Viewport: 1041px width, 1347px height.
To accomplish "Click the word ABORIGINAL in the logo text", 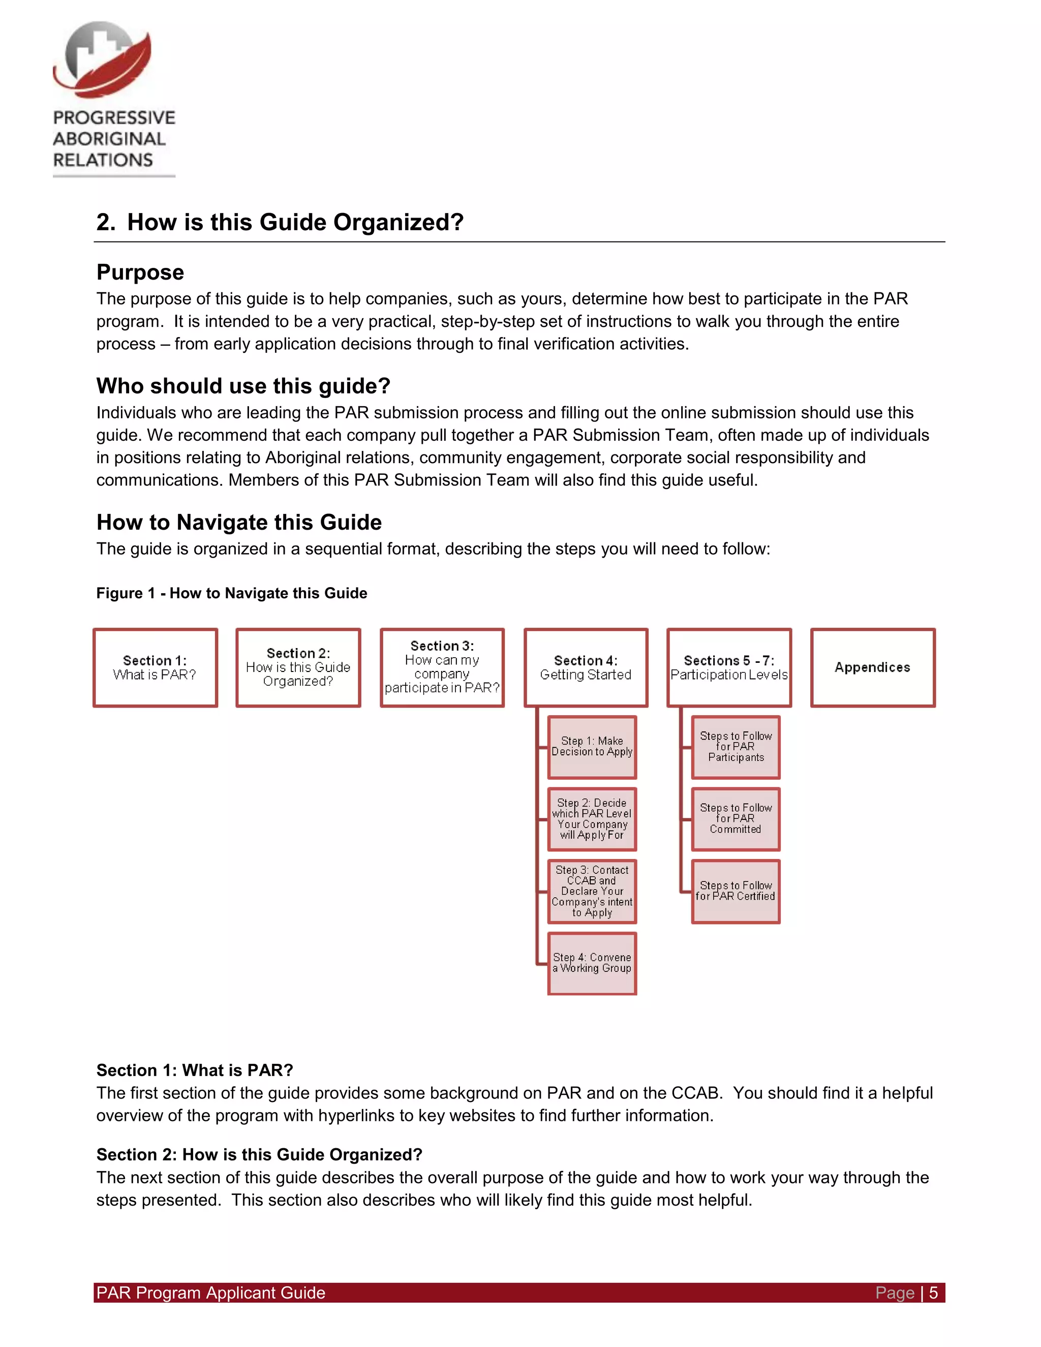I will pos(109,139).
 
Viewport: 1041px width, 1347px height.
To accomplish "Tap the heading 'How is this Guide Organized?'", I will pos(295,222).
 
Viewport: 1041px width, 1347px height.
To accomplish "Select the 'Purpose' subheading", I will pos(140,272).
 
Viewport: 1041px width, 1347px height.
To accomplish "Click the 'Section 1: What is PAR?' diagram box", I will pos(155,667).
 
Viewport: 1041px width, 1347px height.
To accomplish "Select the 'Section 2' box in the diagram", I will pos(298,667).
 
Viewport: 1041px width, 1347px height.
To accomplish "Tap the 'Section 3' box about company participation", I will pos(442,667).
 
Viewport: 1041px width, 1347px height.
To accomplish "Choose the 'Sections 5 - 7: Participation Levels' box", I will pos(729,667).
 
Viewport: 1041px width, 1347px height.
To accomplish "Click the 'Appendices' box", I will pos(872,667).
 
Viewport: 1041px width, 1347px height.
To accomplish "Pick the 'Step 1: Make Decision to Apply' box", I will pos(592,747).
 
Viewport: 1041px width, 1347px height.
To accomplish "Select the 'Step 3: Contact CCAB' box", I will pos(592,891).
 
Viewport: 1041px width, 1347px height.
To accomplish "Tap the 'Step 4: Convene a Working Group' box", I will pos(592,963).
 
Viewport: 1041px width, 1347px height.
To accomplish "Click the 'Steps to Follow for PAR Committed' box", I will pos(735,819).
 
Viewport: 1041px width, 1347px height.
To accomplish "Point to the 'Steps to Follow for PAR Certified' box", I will pos(735,891).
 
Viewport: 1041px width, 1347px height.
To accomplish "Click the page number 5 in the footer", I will pos(933,1293).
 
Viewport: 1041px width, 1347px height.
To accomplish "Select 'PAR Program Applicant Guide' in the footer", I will pos(210,1293).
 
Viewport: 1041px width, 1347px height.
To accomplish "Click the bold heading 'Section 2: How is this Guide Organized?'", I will pos(259,1154).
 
